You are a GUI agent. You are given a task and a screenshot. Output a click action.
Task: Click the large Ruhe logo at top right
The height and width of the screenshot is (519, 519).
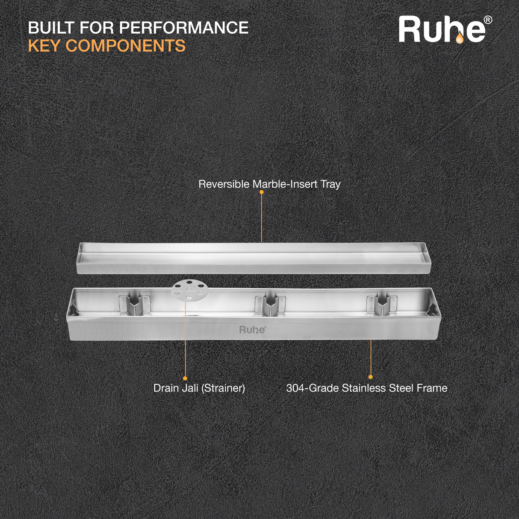(442, 30)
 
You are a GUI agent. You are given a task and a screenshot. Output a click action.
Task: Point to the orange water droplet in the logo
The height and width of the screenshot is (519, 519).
(459, 38)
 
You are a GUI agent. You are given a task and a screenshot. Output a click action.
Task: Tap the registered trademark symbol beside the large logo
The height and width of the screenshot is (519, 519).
(487, 20)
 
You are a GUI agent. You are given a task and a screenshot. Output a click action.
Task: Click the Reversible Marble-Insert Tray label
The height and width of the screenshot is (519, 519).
(269, 184)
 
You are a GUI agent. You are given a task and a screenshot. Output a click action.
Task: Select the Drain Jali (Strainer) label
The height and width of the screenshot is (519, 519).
(199, 388)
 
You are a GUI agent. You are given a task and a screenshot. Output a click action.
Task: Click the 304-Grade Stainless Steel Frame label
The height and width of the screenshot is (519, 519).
(366, 388)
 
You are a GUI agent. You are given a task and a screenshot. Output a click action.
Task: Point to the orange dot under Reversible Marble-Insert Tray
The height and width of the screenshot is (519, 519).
(262, 192)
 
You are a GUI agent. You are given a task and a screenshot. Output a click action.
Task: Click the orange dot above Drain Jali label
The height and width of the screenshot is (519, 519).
(185, 378)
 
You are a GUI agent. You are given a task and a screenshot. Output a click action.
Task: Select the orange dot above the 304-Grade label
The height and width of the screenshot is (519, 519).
(371, 377)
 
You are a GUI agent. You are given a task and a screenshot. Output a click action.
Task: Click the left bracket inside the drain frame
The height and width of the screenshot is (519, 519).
(134, 304)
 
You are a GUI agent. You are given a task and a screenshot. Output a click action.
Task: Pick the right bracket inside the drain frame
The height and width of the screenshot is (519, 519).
(382, 304)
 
